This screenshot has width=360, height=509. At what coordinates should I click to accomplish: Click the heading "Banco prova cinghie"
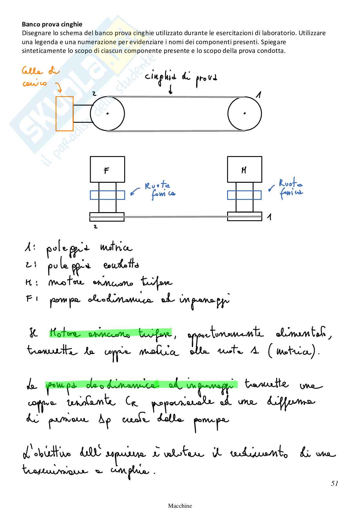pyautogui.click(x=52, y=24)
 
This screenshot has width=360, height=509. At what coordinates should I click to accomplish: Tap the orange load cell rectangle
pyautogui.click(x=65, y=113)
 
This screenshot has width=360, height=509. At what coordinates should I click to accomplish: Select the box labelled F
pyautogui.click(x=107, y=169)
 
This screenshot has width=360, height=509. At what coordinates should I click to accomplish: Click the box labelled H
pyautogui.click(x=244, y=169)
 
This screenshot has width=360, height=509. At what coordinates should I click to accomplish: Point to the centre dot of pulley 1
pyautogui.click(x=245, y=113)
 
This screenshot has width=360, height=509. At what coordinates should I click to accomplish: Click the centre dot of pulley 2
pyautogui.click(x=107, y=113)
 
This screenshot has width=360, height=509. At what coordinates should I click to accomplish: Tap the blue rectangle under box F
pyautogui.click(x=107, y=195)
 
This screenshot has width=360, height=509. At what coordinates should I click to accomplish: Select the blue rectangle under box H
pyautogui.click(x=244, y=195)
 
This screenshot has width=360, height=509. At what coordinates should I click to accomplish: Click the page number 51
pyautogui.click(x=334, y=483)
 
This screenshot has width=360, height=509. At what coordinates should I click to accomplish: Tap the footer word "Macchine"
pyautogui.click(x=180, y=505)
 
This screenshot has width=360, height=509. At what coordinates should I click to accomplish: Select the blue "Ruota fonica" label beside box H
pyautogui.click(x=291, y=188)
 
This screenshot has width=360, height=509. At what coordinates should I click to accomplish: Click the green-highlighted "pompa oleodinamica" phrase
pyautogui.click(x=142, y=385)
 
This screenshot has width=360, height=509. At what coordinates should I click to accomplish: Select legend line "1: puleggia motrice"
pyautogui.click(x=77, y=248)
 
